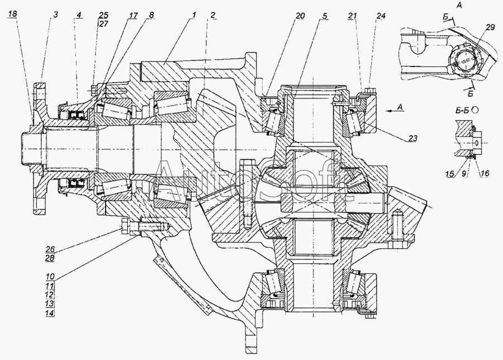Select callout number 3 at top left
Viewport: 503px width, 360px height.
55,15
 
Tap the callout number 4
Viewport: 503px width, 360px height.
79,15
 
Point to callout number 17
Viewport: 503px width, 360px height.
134,15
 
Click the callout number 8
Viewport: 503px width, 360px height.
151,15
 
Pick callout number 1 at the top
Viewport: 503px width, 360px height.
194,15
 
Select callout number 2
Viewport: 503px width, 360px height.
213,15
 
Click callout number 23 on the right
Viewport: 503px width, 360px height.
413,138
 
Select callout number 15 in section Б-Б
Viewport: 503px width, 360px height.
450,174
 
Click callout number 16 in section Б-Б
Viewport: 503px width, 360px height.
485,174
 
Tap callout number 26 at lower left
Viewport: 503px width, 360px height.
50,249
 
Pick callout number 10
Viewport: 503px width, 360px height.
50,276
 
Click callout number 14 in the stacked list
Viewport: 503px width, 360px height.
50,313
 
